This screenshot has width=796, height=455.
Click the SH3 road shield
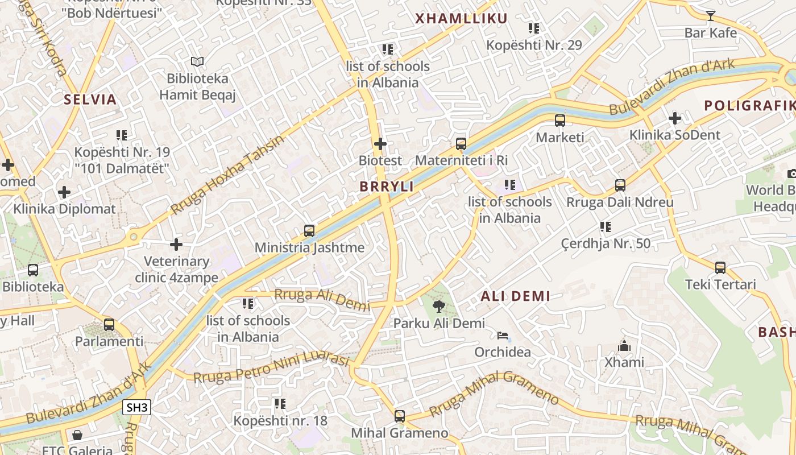(x=136, y=407)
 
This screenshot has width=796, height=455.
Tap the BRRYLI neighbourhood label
(x=386, y=187)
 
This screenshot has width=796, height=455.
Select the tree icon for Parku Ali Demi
(x=438, y=307)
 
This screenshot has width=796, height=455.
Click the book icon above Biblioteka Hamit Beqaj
(x=197, y=61)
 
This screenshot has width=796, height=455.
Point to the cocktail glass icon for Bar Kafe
(x=710, y=15)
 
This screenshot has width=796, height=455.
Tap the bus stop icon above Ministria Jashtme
(x=309, y=230)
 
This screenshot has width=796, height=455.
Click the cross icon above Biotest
(x=380, y=144)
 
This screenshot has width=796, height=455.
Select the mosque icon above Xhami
(x=624, y=346)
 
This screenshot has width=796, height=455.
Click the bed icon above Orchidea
(x=503, y=336)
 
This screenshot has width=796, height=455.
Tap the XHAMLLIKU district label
(x=461, y=19)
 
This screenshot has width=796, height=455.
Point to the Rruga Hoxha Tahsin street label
(x=227, y=175)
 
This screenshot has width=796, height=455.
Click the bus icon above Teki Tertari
(x=720, y=267)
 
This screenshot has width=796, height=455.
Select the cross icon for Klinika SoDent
(x=675, y=118)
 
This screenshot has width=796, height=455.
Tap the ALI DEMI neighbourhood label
(x=515, y=296)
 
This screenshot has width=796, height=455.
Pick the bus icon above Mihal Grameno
(x=400, y=416)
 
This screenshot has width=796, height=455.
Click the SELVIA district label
(x=90, y=100)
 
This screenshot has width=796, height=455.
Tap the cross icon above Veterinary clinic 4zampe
(x=176, y=245)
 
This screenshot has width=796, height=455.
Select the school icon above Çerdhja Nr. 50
(x=606, y=227)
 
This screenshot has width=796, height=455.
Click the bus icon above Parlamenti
(x=109, y=325)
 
